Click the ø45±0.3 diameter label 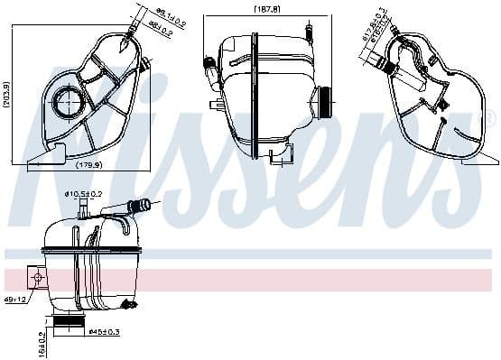point(106,332)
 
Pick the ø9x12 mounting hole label point(14,299)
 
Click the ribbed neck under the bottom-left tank point(69,323)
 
